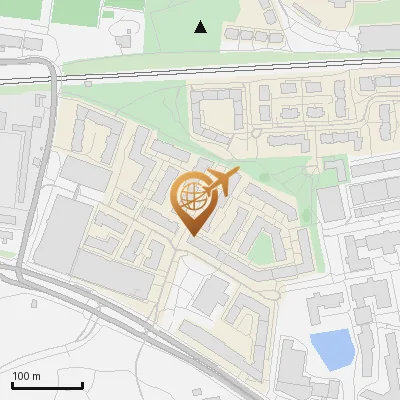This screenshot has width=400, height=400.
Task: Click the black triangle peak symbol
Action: point(201,27)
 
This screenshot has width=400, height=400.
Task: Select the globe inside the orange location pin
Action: point(192,198)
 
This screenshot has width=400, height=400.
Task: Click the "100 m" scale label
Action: point(26,376)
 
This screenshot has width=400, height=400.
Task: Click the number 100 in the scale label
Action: point(21,376)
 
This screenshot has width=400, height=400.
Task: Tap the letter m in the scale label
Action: point(36,376)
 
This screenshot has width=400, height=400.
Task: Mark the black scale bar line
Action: point(47,385)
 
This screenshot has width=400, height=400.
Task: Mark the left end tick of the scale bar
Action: point(12,383)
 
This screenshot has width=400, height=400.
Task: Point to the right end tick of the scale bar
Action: point(82,383)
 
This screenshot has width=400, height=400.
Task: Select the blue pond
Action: point(331,349)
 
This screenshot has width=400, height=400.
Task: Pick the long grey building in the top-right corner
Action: point(379,37)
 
